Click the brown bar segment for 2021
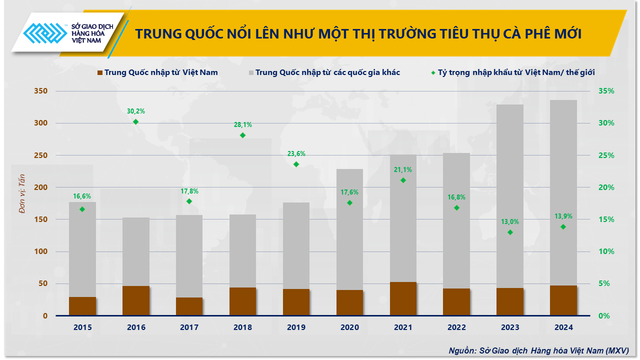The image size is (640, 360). tap(403, 298)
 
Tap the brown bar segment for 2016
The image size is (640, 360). tap(136, 300)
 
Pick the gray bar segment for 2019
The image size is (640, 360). tap(296, 245)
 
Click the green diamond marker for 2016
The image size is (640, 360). tap(135, 121)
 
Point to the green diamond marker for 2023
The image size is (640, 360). tap(510, 232)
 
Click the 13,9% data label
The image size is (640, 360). tap(563, 216)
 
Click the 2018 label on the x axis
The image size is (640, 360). tap(243, 327)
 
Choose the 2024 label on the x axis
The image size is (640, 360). tap(563, 327)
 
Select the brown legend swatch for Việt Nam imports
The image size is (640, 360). tap(99, 72)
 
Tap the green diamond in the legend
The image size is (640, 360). tap(432, 72)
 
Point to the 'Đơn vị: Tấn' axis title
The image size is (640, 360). tap(22, 193)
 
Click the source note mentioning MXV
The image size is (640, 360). tap(538, 350)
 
